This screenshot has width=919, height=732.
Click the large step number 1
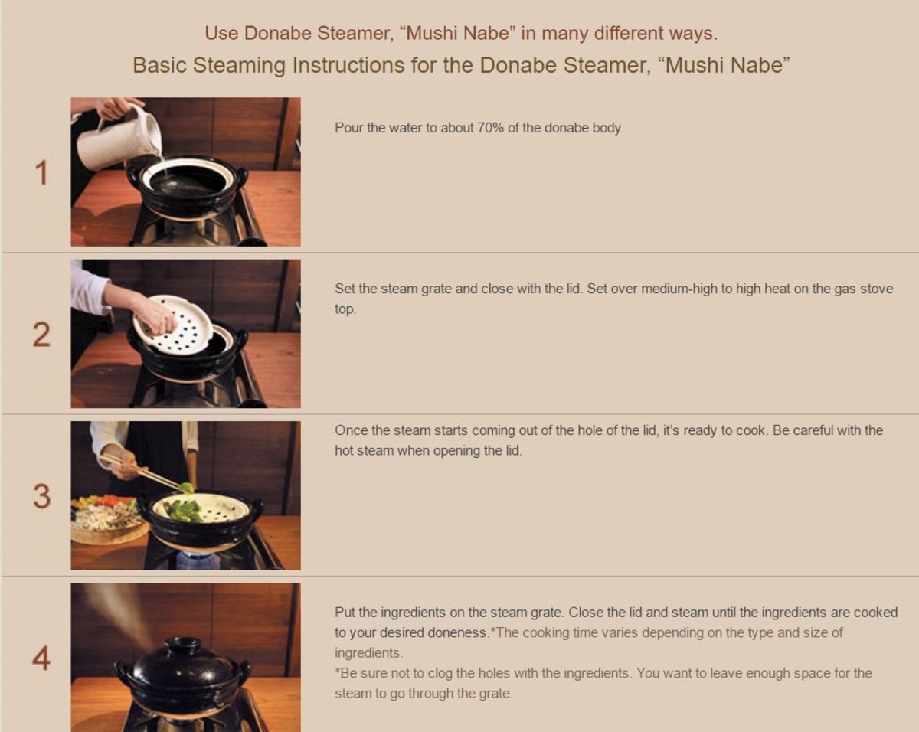pyautogui.click(x=41, y=173)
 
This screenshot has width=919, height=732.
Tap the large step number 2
pyautogui.click(x=41, y=335)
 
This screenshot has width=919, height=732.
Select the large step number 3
pyautogui.click(x=42, y=496)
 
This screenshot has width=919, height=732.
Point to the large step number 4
pyautogui.click(x=41, y=658)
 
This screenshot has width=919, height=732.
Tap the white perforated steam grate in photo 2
pyautogui.click(x=172, y=323)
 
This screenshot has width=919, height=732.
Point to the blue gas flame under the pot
pyautogui.click(x=198, y=560)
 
